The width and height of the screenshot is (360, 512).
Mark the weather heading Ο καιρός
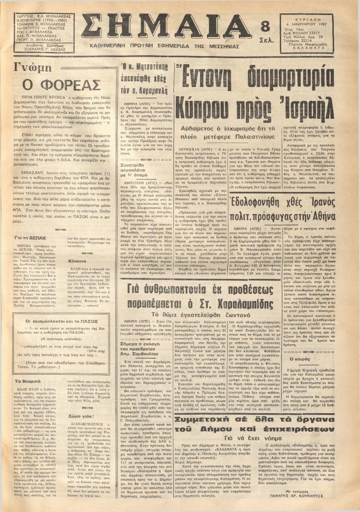tap(313, 385)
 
